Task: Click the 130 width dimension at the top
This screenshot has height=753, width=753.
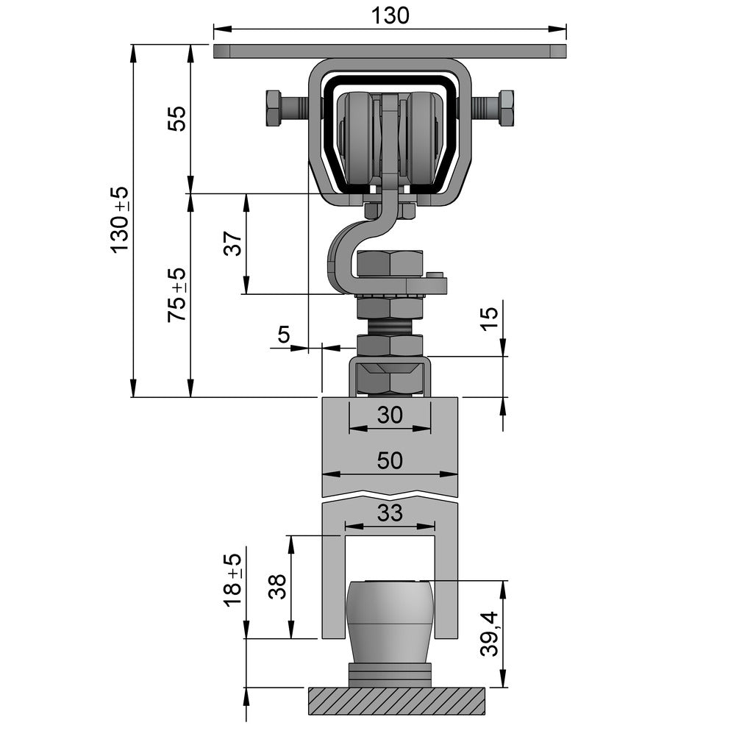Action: click(390, 15)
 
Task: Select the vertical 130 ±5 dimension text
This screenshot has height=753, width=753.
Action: click(120, 220)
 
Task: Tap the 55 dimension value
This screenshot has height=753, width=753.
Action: click(177, 118)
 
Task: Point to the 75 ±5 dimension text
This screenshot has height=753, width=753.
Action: click(177, 295)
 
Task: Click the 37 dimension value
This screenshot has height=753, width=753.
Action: click(233, 243)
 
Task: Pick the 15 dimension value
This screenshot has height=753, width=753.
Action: click(489, 317)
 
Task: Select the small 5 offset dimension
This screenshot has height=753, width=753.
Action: click(283, 335)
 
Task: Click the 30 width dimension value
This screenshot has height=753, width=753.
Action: click(390, 415)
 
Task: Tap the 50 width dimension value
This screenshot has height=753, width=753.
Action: click(390, 461)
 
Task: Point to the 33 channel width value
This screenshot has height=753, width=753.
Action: click(390, 513)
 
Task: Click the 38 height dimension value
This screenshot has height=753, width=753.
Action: click(277, 587)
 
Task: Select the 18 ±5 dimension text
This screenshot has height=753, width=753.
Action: click(233, 580)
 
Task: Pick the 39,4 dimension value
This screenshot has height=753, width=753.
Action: click(489, 634)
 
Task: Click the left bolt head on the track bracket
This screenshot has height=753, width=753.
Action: click(274, 108)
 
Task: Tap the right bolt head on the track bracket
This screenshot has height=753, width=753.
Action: click(506, 108)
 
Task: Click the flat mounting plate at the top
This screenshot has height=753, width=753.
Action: click(390, 51)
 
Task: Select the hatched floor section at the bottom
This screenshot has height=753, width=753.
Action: click(396, 701)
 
